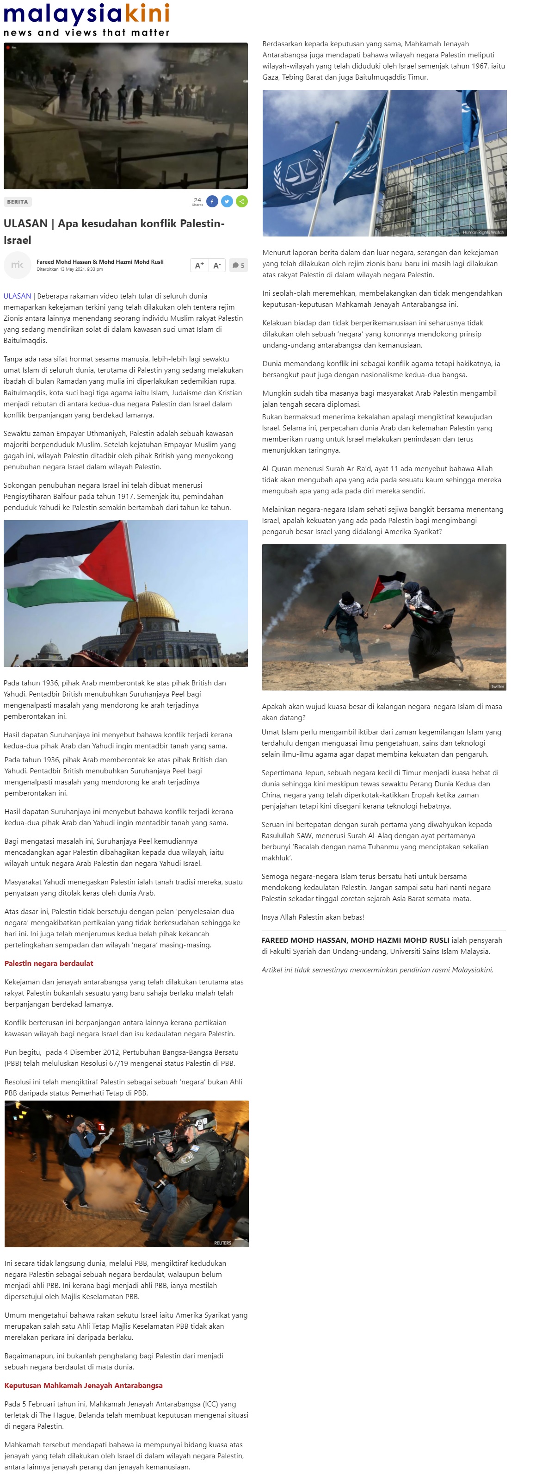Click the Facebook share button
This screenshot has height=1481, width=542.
(x=212, y=201)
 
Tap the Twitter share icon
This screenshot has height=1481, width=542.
(x=227, y=201)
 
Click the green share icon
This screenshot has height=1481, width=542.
(x=242, y=201)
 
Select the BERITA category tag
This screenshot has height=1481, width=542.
(x=17, y=202)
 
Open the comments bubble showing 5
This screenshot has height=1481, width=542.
(x=238, y=265)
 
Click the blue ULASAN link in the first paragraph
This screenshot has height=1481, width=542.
(x=17, y=296)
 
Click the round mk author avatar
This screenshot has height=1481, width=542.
(x=17, y=265)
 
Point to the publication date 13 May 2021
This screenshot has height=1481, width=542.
(x=69, y=269)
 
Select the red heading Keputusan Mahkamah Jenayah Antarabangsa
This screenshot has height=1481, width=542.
(x=83, y=1385)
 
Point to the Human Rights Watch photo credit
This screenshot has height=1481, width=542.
(x=483, y=232)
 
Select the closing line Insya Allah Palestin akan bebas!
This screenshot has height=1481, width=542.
(x=313, y=916)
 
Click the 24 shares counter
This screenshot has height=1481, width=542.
(x=197, y=201)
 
